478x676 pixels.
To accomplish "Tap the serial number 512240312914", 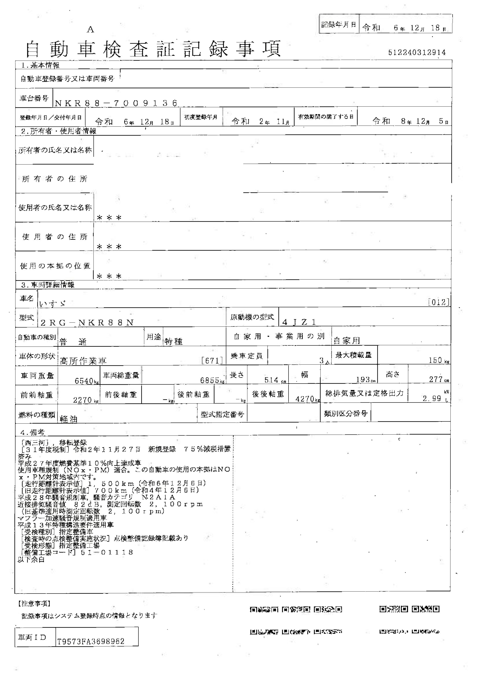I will click(x=417, y=52).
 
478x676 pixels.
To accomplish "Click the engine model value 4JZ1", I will click(x=299, y=322).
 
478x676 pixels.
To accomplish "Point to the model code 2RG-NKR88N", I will click(x=87, y=323).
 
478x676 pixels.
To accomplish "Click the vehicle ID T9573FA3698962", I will click(x=91, y=641).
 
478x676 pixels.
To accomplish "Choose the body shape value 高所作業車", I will click(x=83, y=361).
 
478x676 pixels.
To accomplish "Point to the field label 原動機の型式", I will click(x=252, y=317).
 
